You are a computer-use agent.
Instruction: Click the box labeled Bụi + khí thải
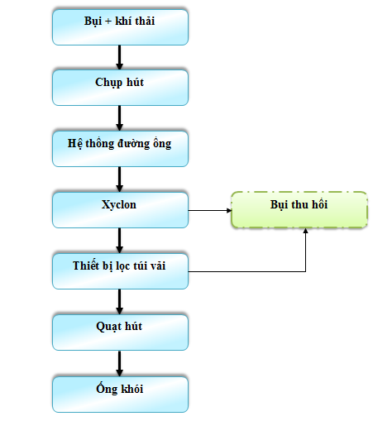coord(120,27)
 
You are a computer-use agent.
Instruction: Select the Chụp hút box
coord(120,88)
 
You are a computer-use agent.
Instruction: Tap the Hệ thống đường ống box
coord(120,149)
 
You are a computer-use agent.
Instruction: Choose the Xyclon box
coord(120,210)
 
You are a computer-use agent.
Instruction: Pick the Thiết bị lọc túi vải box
coord(120,271)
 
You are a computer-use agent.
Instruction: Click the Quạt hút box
coord(120,332)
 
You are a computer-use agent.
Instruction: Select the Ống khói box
coord(120,395)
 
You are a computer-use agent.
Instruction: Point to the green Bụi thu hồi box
coord(299,210)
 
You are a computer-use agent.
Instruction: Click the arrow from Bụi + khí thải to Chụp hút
coord(119,57)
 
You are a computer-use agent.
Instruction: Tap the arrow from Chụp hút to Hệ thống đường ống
coord(119,118)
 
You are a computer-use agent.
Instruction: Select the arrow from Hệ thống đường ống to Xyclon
coord(119,179)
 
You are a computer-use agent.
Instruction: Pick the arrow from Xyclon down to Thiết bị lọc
coord(119,241)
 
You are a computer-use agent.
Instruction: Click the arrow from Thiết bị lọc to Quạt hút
coord(119,302)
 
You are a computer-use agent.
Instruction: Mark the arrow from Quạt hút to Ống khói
coord(119,363)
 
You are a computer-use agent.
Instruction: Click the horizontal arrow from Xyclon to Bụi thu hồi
coord(210,210)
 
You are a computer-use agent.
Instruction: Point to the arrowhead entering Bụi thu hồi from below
coord(305,231)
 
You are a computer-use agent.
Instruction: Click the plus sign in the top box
coord(108,21)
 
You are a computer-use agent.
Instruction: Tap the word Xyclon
coord(119,205)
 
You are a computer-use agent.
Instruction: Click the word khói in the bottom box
coord(132,389)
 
